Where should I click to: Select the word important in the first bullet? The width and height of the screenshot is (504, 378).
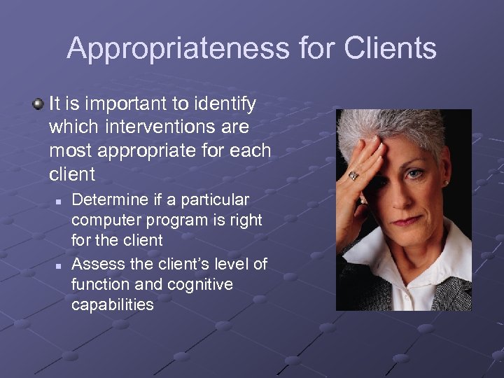tap(122, 104)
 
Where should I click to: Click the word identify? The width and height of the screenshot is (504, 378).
tap(223, 104)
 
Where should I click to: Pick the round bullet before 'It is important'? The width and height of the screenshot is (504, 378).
tap(38, 104)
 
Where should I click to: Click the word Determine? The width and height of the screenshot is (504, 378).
tap(111, 200)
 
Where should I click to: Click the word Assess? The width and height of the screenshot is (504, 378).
tap(96, 264)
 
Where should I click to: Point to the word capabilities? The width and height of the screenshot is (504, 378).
tap(112, 304)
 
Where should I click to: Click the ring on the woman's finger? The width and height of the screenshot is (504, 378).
tap(354, 175)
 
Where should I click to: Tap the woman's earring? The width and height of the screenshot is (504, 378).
tap(445, 183)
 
